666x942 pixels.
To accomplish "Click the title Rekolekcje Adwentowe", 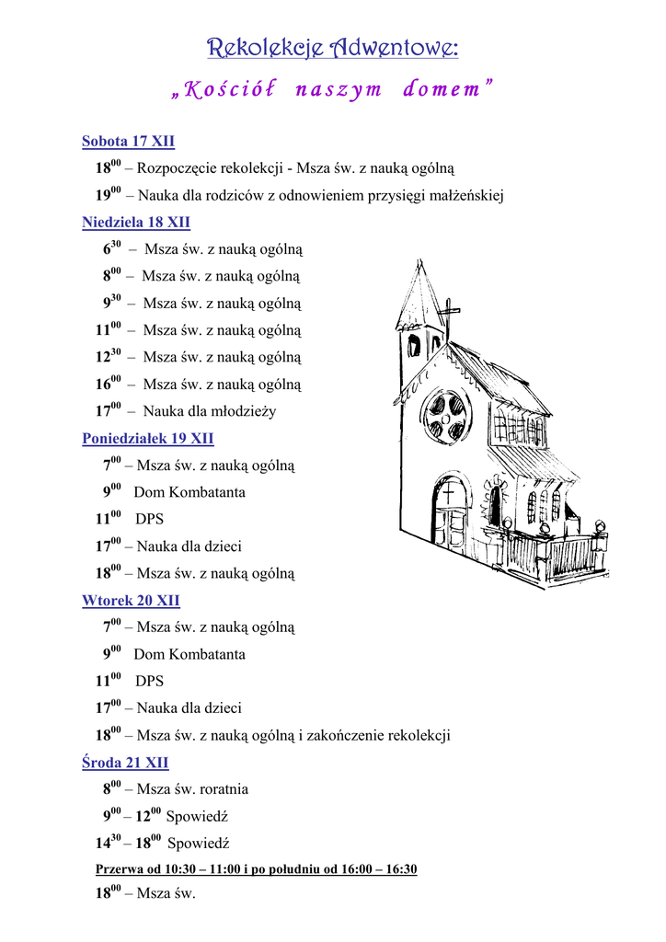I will tap(332, 48).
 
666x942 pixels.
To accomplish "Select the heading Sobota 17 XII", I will tap(128, 142).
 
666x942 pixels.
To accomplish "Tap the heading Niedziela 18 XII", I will tap(136, 223).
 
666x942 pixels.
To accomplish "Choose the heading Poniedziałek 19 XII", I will tap(148, 439).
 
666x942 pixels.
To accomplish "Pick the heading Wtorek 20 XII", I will tap(131, 601).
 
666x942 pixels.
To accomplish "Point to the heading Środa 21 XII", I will tap(125, 763).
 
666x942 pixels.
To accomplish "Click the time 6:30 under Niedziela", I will tap(112, 249).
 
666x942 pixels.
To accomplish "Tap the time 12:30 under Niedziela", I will tap(109, 357).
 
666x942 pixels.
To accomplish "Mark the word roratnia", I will tap(218, 789).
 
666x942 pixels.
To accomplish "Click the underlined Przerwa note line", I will tap(257, 869).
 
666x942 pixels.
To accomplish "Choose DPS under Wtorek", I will tap(149, 682).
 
